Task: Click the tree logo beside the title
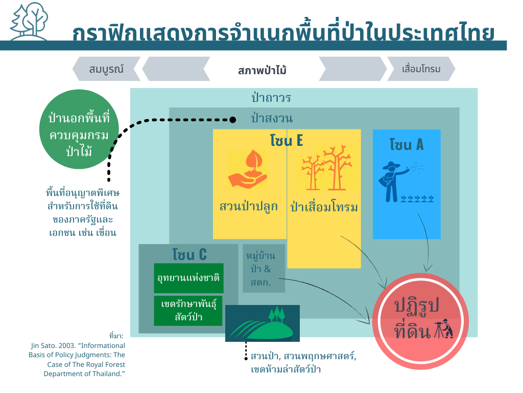click(x=29, y=21)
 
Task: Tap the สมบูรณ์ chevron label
click(x=106, y=69)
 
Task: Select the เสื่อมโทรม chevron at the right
click(x=421, y=69)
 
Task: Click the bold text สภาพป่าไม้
click(x=262, y=70)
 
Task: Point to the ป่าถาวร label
click(x=271, y=98)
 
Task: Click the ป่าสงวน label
click(x=272, y=118)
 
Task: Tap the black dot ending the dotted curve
click(x=232, y=120)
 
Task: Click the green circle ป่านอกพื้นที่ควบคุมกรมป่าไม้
click(x=79, y=129)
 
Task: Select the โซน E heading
click(x=287, y=140)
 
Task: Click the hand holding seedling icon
click(x=248, y=169)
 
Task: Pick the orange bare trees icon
click(x=327, y=168)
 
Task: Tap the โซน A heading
click(x=407, y=145)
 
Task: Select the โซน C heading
click(x=189, y=254)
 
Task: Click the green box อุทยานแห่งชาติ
click(x=189, y=278)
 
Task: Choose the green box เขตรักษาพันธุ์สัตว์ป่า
click(x=188, y=311)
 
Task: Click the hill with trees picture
click(x=263, y=323)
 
